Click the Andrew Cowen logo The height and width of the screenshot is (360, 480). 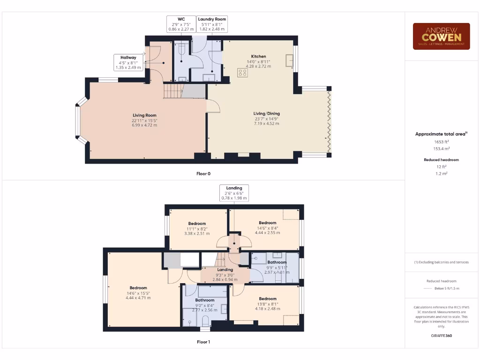[x=441, y=36]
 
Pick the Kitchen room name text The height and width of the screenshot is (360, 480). [x=258, y=56]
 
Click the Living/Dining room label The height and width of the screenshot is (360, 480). [x=266, y=113]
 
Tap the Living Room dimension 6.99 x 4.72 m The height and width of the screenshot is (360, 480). [x=144, y=126]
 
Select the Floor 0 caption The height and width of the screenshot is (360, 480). [x=203, y=173]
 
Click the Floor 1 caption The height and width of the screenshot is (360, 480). [x=203, y=342]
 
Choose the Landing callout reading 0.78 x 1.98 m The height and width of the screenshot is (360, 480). [x=234, y=193]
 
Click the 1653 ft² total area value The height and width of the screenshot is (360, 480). [x=441, y=141]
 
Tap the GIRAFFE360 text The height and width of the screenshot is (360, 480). [x=441, y=336]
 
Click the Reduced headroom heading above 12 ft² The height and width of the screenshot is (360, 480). [x=441, y=160]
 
